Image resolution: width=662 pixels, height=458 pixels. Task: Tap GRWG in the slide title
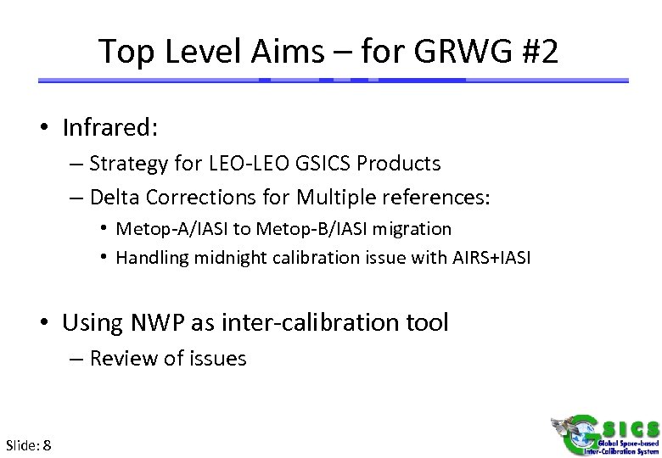tap(457, 53)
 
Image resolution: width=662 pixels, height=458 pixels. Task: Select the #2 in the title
tap(536, 53)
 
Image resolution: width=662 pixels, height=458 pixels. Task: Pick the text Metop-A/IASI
tap(169, 229)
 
